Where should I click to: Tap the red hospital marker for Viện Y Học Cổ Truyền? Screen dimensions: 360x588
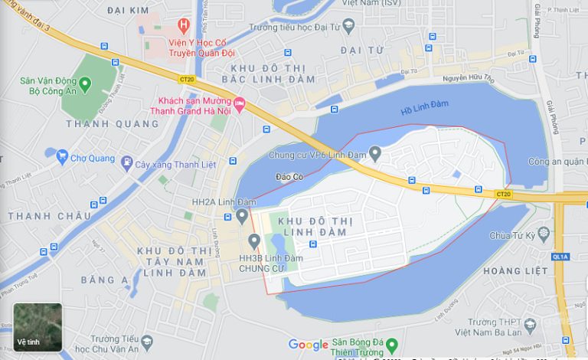pyautogui.click(x=183, y=26)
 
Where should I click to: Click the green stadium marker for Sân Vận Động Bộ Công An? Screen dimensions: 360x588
pyautogui.click(x=85, y=83)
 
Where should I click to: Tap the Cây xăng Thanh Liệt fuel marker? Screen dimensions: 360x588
pyautogui.click(x=126, y=162)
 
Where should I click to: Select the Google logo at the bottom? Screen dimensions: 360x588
pyautogui.click(x=309, y=345)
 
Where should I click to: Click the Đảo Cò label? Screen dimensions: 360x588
pyautogui.click(x=289, y=177)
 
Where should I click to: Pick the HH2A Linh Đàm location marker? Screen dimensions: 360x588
pyautogui.click(x=243, y=216)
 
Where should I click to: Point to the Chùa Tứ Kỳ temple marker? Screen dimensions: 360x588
pyautogui.click(x=544, y=234)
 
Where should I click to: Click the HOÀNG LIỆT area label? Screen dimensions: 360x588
pyautogui.click(x=514, y=270)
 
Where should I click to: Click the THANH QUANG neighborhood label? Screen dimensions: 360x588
pyautogui.click(x=102, y=123)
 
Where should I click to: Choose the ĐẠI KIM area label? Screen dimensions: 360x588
pyautogui.click(x=128, y=11)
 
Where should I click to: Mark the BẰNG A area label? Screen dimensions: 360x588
pyautogui.click(x=104, y=280)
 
